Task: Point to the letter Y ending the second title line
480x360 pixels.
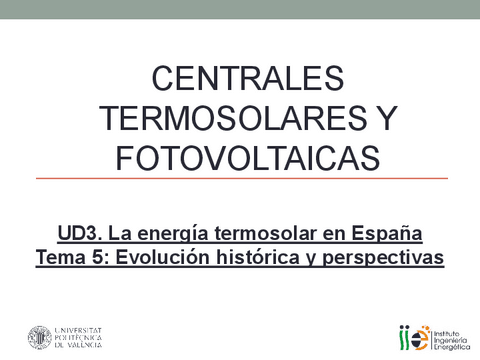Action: [x=384, y=117]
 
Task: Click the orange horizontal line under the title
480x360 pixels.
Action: [x=240, y=179]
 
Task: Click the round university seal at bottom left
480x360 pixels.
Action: [x=40, y=338]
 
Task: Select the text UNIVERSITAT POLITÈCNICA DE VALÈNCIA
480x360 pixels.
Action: [x=92, y=338]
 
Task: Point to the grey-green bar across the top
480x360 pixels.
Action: [x=240, y=9]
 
